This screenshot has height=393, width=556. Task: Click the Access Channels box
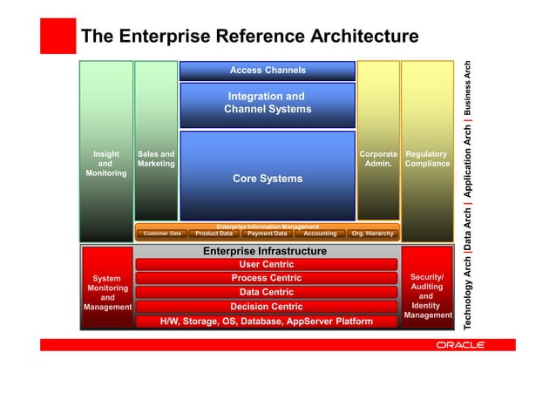click(267, 70)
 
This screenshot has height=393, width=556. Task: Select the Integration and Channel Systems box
click(267, 103)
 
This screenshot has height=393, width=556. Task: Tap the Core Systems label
click(267, 179)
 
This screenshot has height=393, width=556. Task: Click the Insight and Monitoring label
click(105, 163)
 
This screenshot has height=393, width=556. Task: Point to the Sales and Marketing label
click(156, 159)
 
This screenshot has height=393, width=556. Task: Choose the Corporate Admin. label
click(378, 159)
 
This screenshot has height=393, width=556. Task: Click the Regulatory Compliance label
click(427, 159)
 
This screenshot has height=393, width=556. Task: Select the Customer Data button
click(162, 234)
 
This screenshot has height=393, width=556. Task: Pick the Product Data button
click(214, 234)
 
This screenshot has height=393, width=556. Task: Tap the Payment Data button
click(267, 234)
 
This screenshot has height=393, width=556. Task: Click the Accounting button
click(319, 234)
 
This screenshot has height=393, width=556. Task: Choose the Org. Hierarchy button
click(372, 234)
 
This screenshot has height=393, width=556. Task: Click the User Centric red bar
click(266, 265)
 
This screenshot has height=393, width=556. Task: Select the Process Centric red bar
click(266, 279)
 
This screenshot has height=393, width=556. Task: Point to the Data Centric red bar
click(266, 293)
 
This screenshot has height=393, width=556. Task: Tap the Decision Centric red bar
click(266, 307)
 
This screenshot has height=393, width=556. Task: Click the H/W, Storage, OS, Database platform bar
click(266, 322)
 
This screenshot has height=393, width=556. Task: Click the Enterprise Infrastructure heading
click(265, 251)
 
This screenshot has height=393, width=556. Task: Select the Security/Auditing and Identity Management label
click(426, 295)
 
